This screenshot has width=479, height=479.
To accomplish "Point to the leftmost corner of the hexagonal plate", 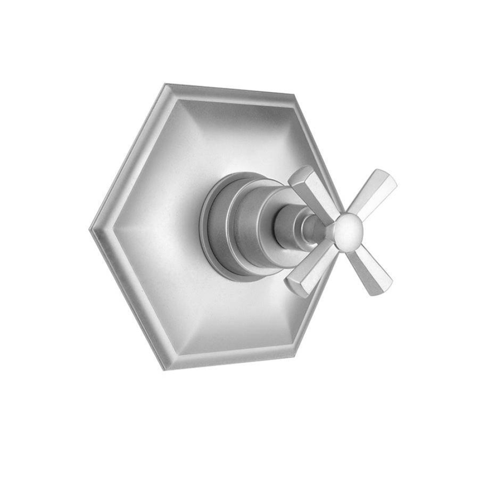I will pos(92,229).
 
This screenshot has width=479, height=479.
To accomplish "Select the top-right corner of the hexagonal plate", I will pos(293,95).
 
